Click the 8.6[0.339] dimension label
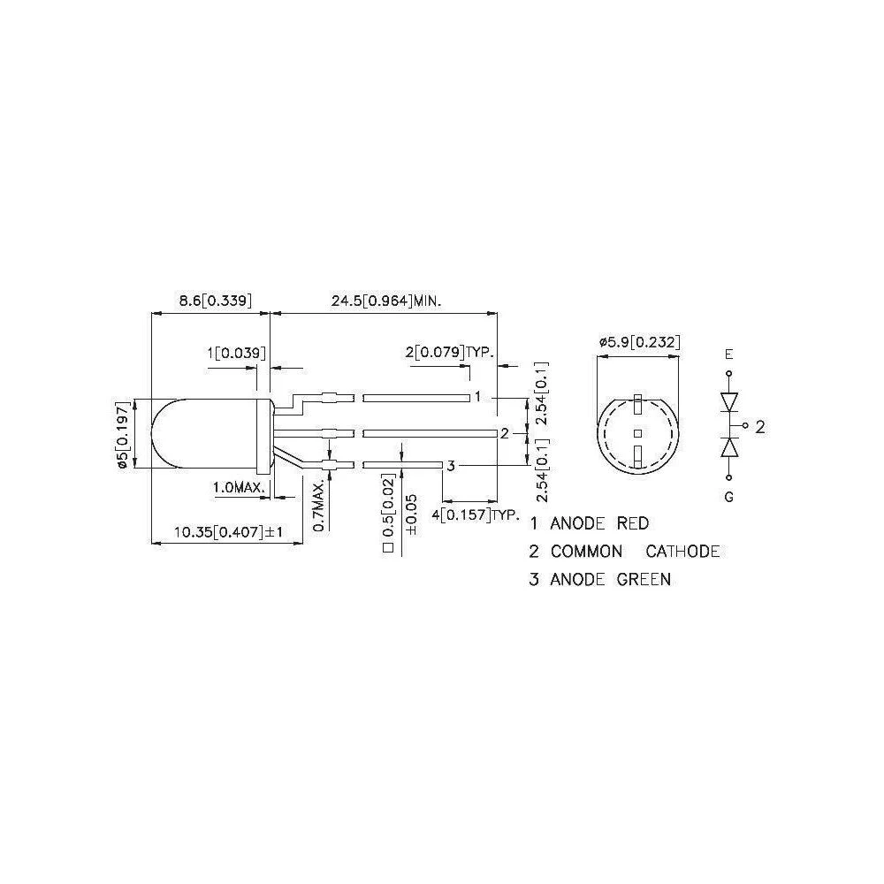click(215, 301)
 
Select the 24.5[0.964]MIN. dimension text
click(386, 301)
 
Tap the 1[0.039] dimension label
click(236, 354)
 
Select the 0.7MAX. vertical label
click(319, 505)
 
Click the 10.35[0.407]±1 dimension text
click(228, 532)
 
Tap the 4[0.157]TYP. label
click(475, 514)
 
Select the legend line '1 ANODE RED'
click(589, 523)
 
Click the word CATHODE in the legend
click(682, 552)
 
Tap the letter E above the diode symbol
click(728, 354)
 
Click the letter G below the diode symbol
click(728, 497)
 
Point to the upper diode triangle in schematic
click(729, 402)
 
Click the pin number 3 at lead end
click(450, 466)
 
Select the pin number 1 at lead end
click(477, 397)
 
